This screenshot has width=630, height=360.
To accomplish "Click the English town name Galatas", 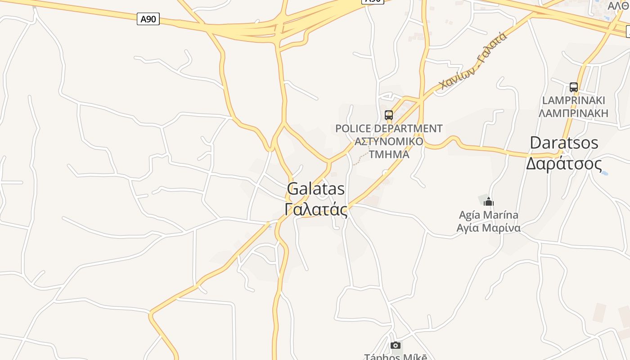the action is (316, 189).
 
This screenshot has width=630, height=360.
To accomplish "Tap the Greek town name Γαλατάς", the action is (316, 210).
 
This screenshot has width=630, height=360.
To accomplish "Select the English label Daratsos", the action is (564, 143).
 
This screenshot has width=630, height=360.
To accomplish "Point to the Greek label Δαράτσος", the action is (564, 163).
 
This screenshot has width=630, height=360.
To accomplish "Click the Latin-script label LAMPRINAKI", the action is (573, 100).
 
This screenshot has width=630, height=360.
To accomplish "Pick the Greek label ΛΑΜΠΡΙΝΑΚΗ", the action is (573, 112).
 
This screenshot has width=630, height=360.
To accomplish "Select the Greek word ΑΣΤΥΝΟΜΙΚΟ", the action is (389, 141).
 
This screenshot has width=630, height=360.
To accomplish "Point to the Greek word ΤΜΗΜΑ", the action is (389, 154).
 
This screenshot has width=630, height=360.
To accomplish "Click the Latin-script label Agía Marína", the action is (488, 215).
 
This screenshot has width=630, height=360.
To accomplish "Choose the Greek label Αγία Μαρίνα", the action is (488, 228).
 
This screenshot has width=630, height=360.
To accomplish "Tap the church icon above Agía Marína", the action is (489, 202).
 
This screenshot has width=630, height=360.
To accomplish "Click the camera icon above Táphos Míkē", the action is (396, 345).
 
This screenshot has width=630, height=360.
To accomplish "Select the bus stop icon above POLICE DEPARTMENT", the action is (389, 115).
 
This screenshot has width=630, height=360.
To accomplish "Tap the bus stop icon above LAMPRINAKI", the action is (573, 87).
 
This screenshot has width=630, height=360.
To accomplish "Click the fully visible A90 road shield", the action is (148, 19).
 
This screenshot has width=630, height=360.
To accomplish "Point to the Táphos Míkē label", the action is (395, 356).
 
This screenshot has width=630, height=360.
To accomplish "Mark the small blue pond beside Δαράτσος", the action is (604, 172).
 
